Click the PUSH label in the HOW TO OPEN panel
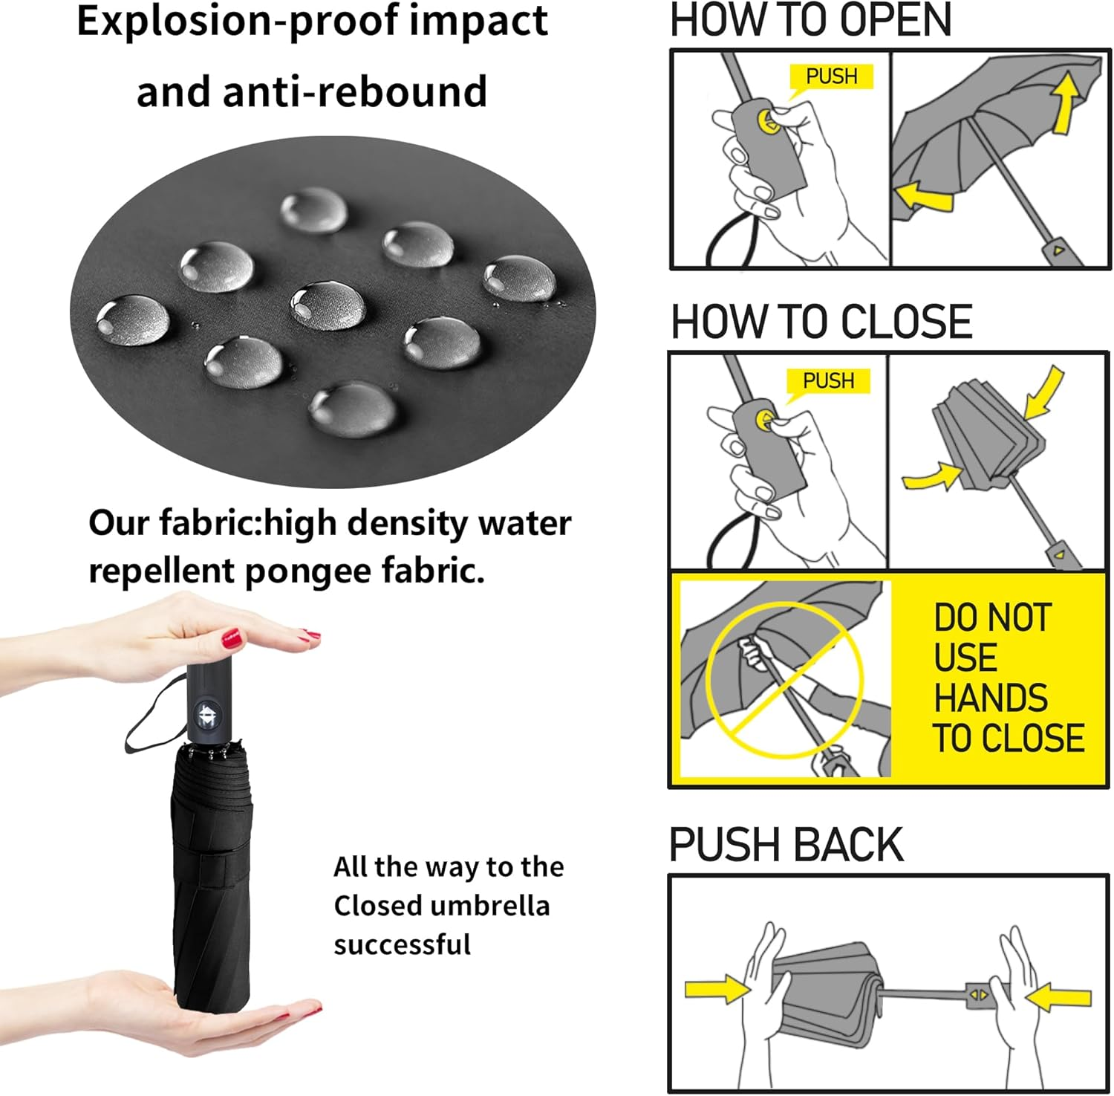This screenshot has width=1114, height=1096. (831, 76)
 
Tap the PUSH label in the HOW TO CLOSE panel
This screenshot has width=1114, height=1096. (828, 380)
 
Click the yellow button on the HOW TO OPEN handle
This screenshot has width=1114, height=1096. (769, 121)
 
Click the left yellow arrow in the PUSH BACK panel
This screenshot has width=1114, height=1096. (717, 989)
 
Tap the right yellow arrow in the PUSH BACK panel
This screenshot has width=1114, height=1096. (1059, 996)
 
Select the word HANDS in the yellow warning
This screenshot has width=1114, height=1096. (990, 698)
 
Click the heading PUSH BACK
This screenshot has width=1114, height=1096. (786, 845)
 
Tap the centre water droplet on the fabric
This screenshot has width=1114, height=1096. (328, 305)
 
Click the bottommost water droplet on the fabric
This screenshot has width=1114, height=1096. (353, 408)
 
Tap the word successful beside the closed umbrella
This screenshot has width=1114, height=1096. (402, 944)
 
